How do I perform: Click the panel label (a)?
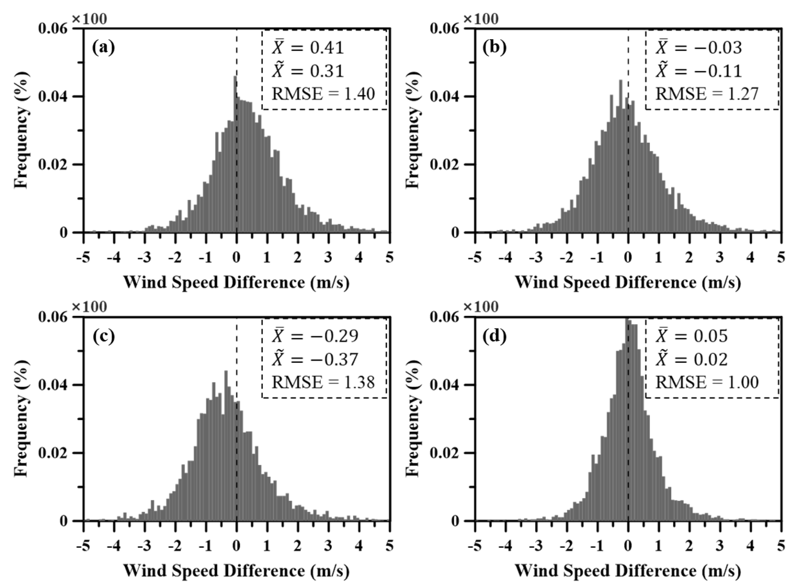(x=103, y=47)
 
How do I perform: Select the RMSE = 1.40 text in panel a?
(x=323, y=94)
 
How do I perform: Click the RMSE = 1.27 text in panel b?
(x=707, y=94)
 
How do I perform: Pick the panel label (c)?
(x=103, y=336)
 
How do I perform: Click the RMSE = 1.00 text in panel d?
(x=707, y=383)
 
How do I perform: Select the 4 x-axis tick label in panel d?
(x=750, y=546)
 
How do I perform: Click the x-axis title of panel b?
(x=628, y=283)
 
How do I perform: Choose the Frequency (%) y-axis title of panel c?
(x=21, y=418)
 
